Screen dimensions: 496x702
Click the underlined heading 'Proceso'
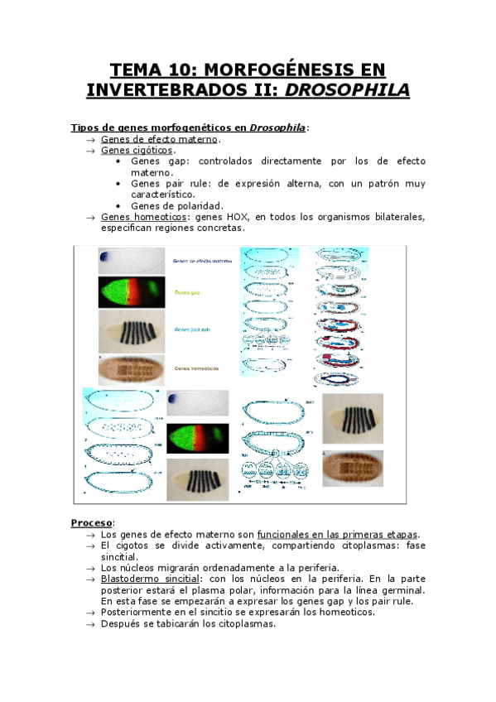coord(91,522)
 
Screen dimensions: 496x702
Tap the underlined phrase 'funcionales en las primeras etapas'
coord(338,534)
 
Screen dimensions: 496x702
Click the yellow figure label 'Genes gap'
coord(186,292)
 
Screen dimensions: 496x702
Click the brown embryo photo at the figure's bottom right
coord(353,468)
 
